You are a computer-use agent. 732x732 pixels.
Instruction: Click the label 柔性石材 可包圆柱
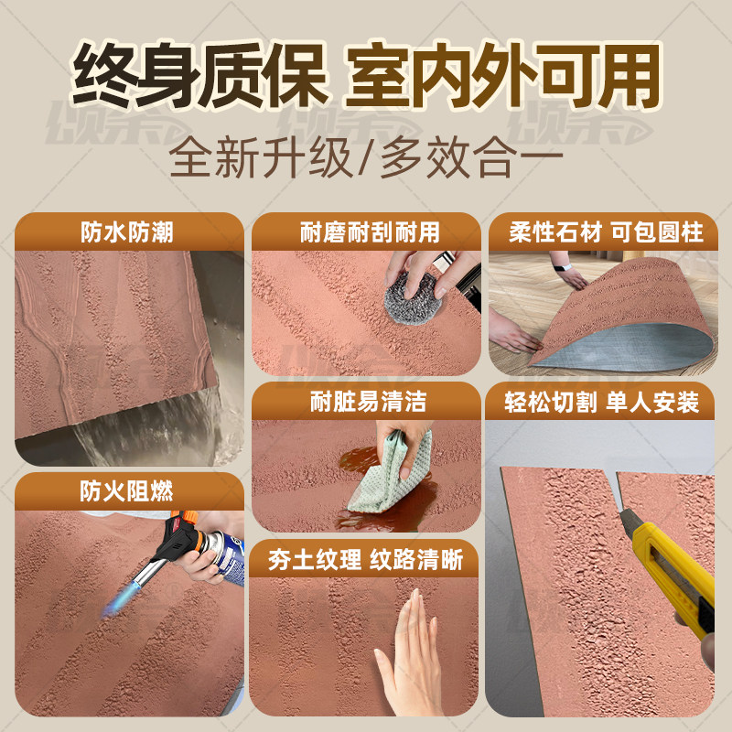click(607, 232)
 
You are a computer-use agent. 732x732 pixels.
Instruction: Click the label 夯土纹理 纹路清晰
click(366, 560)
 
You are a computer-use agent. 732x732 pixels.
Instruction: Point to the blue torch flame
click(124, 599)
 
